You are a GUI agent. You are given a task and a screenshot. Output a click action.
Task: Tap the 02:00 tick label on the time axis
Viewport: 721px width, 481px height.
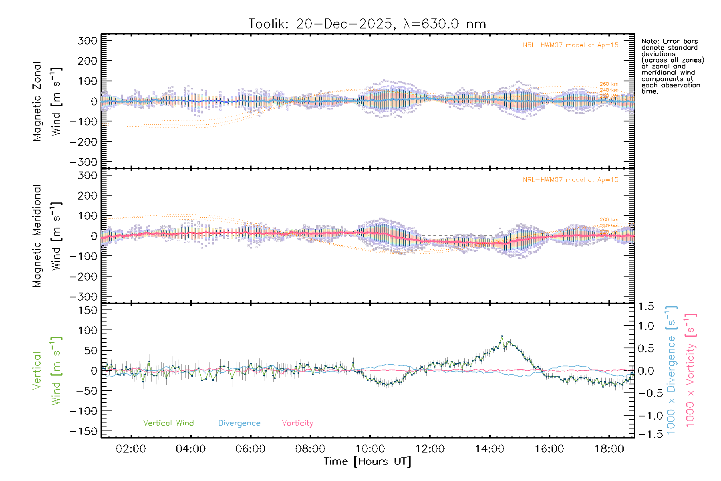(131, 449)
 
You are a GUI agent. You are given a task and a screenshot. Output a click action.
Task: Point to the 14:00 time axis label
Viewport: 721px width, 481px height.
(489, 449)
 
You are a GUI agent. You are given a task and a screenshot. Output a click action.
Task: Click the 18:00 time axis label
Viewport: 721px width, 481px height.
(609, 449)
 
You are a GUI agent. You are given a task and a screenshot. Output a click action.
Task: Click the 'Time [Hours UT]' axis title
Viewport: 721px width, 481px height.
(367, 462)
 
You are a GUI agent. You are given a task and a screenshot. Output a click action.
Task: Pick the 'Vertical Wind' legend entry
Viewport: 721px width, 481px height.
(168, 423)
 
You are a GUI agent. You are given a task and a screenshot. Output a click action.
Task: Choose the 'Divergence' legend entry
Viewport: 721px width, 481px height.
(239, 423)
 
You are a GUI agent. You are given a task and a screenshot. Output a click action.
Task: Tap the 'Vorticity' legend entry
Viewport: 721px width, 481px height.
(297, 423)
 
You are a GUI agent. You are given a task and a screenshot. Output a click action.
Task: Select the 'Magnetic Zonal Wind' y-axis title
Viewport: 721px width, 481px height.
(47, 101)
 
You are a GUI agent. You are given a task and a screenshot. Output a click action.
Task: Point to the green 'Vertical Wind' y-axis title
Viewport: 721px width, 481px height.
(47, 371)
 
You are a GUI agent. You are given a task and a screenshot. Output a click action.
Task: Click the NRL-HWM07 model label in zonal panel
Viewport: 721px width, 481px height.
(570, 45)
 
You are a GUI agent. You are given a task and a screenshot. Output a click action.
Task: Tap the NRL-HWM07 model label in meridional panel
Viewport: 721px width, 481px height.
(570, 180)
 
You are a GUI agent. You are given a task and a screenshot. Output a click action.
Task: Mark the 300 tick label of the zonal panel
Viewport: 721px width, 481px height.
(87, 41)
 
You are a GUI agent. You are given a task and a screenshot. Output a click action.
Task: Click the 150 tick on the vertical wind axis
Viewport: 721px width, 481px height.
(87, 310)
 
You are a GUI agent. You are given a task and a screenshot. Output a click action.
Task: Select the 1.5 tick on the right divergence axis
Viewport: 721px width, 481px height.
(646, 307)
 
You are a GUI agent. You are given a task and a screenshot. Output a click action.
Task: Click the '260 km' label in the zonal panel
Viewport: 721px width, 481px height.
(609, 84)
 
